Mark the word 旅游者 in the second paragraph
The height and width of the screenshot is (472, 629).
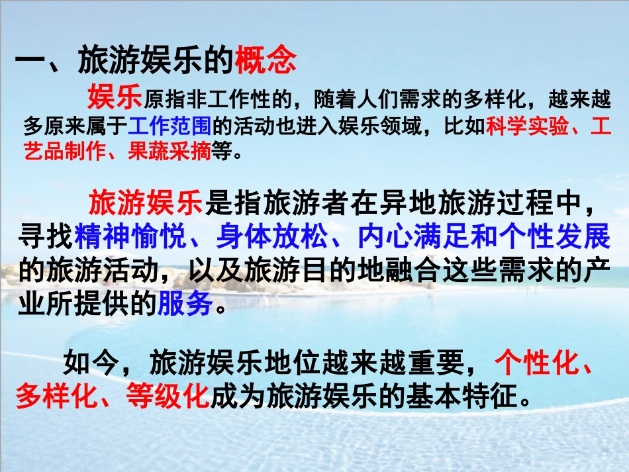tap(293, 203)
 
